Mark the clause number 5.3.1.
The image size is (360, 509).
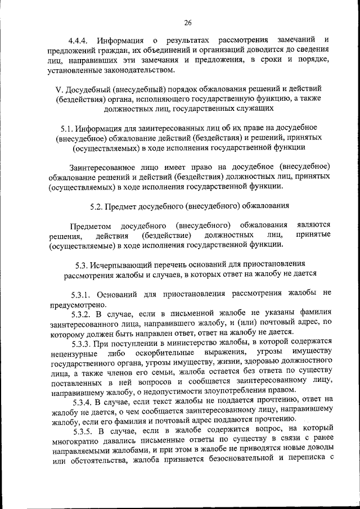click(x=83, y=294)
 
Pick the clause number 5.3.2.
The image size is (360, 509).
click(x=83, y=313)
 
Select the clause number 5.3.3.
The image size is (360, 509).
click(x=83, y=342)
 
